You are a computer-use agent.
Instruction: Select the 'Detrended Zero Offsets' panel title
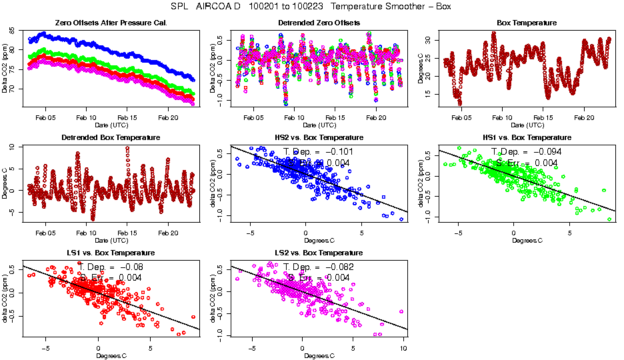(x=319, y=23)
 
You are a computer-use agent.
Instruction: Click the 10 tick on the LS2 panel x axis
(x=403, y=348)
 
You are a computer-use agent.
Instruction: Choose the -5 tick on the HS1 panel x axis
(x=458, y=233)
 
